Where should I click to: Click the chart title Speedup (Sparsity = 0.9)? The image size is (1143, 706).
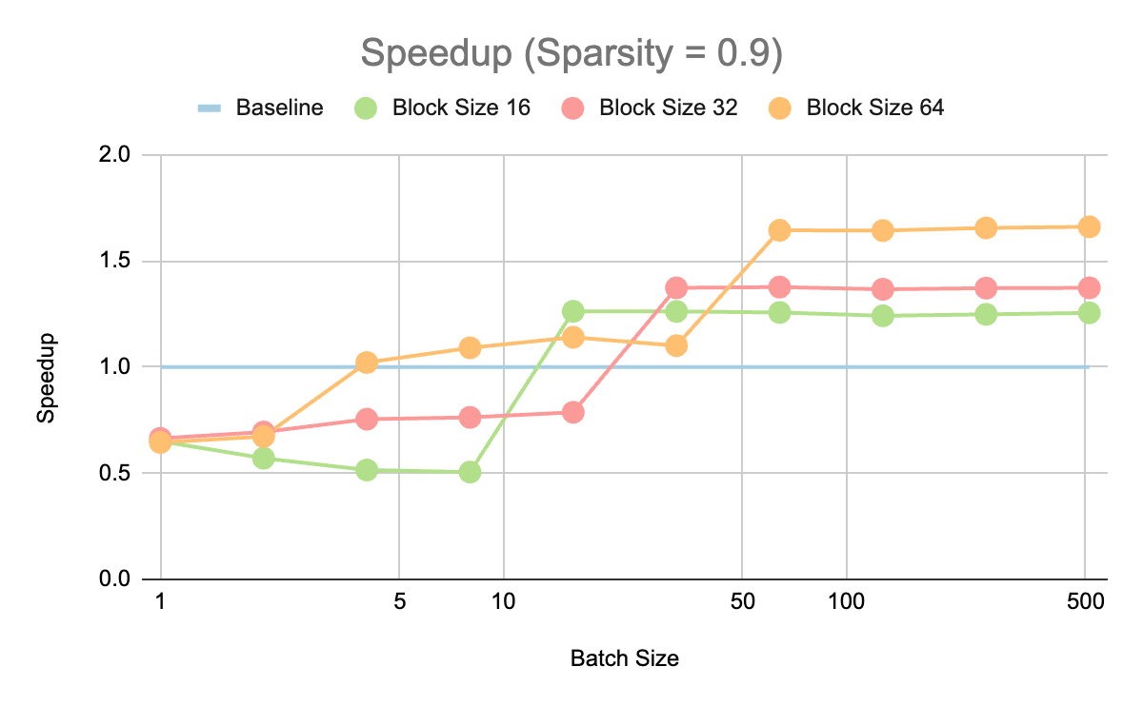pos(571,54)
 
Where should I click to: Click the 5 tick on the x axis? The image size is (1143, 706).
pos(399,603)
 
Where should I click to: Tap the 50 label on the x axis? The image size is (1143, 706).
pos(742,603)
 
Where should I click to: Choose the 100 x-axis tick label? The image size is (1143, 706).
pos(847,603)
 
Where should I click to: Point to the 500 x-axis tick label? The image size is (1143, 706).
pos(1086,603)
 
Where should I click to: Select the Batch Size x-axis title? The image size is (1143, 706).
pos(624,658)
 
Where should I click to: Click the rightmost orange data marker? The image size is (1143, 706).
pos(1089,226)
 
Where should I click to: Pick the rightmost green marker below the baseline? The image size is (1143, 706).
pos(470,472)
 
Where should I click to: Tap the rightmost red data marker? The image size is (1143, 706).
pos(1089,287)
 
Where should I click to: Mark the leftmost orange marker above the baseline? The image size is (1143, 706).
pos(367,363)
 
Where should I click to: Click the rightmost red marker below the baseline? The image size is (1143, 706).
pos(572,412)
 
